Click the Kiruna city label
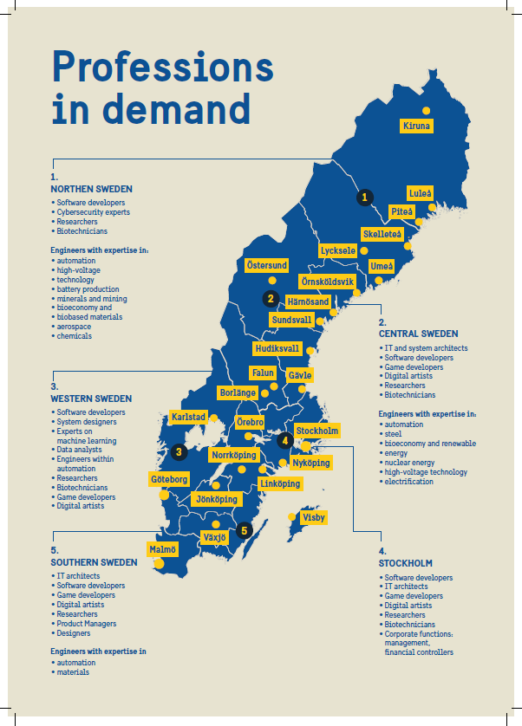coord(416,126)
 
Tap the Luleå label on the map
coord(421,193)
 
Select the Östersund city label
coord(265,265)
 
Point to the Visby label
coord(314,517)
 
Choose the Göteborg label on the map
coord(169,479)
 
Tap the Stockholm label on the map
coord(316,431)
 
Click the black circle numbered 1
coord(365,198)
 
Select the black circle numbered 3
coord(179,451)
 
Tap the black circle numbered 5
coord(245,530)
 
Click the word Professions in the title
coord(162,67)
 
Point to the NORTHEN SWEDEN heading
coord(91,188)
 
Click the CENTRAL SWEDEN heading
coord(418,334)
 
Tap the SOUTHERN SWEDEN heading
coord(94,562)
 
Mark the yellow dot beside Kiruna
coord(426,110)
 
